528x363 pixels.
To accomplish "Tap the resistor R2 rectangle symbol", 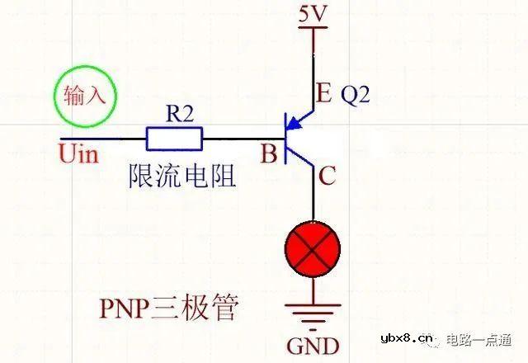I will (174, 138).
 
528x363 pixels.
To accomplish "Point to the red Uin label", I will (79, 153).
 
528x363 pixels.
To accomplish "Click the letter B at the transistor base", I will (267, 153).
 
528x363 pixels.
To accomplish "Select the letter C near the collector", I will (327, 175).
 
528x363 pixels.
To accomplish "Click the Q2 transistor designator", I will (356, 94).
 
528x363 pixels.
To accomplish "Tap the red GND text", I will (313, 344).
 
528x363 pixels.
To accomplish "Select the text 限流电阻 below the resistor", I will (182, 176).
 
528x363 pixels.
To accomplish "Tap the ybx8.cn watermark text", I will (408, 338).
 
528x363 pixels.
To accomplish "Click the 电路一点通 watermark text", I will (479, 338).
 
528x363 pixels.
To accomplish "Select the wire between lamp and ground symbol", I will (313, 289).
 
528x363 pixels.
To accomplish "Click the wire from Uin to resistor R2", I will (103, 138).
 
